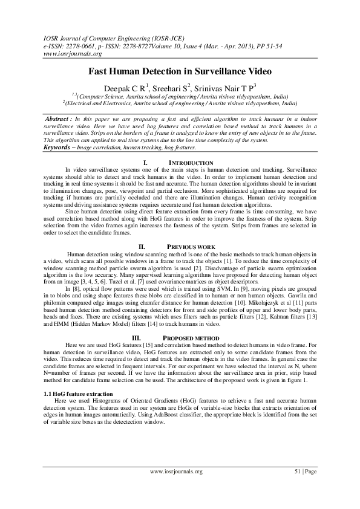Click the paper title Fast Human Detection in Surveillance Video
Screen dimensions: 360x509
click(x=180, y=71)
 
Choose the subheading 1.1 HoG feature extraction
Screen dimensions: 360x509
click(x=74, y=394)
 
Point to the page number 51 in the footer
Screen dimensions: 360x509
click(x=297, y=472)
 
